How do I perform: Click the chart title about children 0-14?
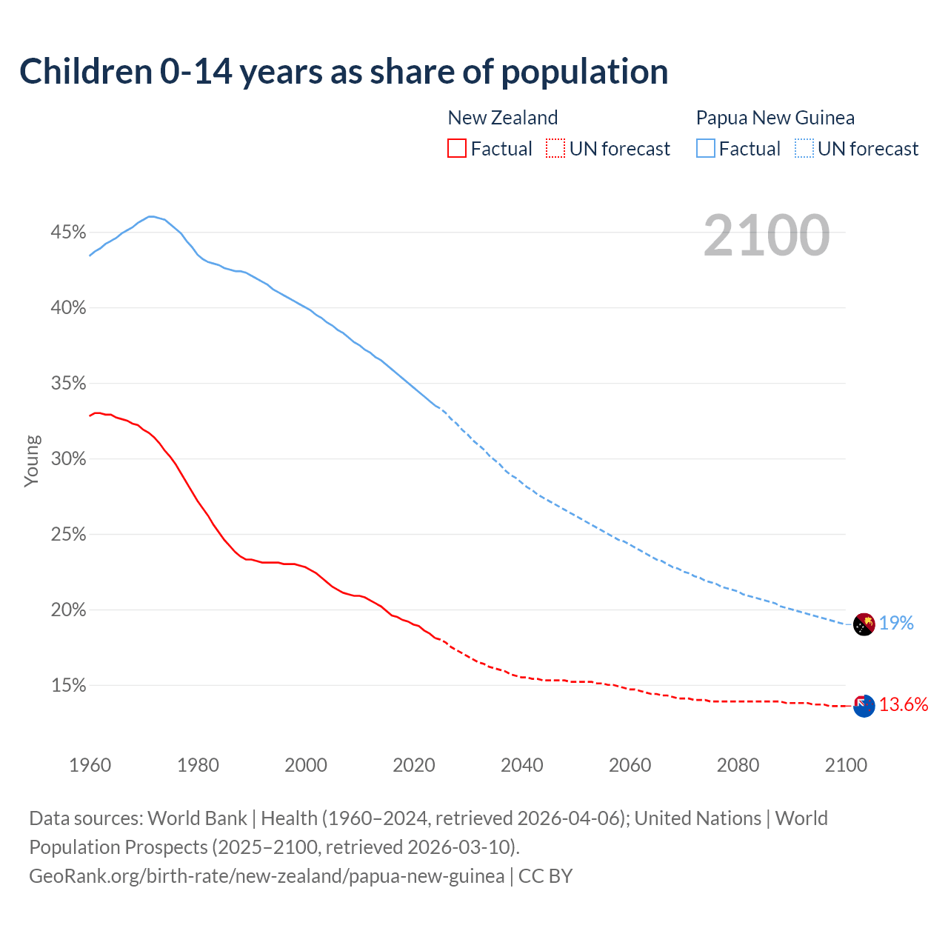(344, 72)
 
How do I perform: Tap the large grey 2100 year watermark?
(767, 236)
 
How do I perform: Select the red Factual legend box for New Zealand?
(457, 149)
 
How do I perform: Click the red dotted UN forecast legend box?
(555, 149)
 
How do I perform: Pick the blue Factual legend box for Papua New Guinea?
(706, 149)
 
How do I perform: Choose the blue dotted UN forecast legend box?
(804, 149)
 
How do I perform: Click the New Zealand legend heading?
(502, 118)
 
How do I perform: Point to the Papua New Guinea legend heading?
(775, 118)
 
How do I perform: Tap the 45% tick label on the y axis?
(68, 233)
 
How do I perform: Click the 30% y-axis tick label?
(68, 459)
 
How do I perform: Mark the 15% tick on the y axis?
(68, 686)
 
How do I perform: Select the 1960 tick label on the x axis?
(90, 765)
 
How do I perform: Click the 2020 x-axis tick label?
(414, 765)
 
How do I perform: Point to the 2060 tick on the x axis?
(630, 765)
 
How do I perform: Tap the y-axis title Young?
(31, 461)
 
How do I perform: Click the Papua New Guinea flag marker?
(864, 624)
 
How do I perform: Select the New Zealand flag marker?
(864, 706)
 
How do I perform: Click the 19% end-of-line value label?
(896, 624)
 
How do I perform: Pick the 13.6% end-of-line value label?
(904, 705)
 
